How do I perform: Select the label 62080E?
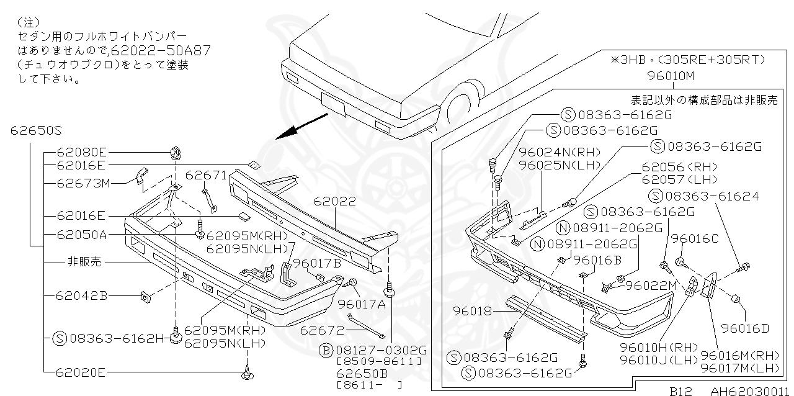click(x=81, y=151)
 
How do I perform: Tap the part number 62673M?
click(x=83, y=183)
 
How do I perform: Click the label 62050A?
click(x=81, y=235)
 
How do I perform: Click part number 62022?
click(x=334, y=202)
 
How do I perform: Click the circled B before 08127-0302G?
click(x=326, y=349)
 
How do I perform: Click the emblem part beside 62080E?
click(x=175, y=151)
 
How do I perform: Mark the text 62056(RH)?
click(x=679, y=167)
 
